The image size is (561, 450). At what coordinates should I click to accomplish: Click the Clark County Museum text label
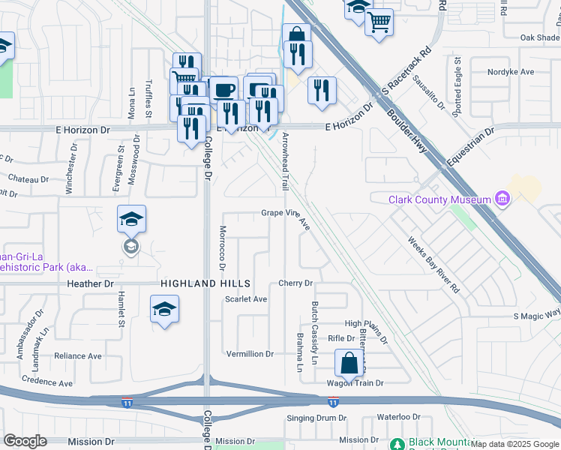pos(439,199)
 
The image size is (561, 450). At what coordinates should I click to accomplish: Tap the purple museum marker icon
pos(502,199)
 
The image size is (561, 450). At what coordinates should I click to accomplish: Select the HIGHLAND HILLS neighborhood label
pos(205,283)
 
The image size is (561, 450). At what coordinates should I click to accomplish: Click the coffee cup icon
pos(223,90)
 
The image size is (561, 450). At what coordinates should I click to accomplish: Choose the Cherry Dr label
pos(295,283)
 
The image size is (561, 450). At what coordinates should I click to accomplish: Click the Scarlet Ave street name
pos(246,298)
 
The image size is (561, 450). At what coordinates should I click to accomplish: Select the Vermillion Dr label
pos(250,353)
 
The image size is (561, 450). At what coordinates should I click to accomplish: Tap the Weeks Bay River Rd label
pos(433,264)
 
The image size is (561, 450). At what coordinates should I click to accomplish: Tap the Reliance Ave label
pos(78,356)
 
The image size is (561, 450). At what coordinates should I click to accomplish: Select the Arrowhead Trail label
pos(285,160)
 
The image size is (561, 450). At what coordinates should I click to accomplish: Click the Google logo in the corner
pos(25,441)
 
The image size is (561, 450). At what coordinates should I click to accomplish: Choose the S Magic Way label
pos(537,314)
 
